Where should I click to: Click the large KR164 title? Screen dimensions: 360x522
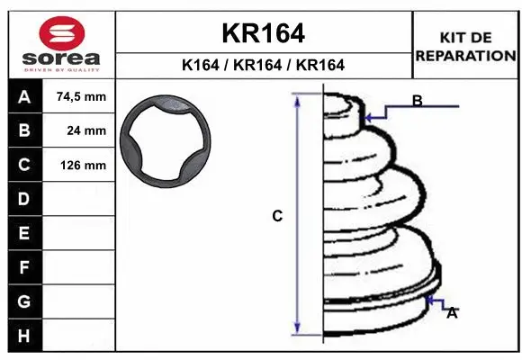pyautogui.click(x=263, y=33)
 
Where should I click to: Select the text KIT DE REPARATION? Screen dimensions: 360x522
pyautogui.click(x=465, y=46)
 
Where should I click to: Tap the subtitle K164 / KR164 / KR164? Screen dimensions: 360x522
pyautogui.click(x=263, y=65)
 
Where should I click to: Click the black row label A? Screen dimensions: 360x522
pyautogui.click(x=23, y=97)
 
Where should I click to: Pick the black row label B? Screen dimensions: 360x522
pyautogui.click(x=23, y=130)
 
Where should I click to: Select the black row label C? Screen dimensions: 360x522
pyautogui.click(x=23, y=165)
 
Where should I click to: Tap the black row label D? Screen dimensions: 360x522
pyautogui.click(x=23, y=198)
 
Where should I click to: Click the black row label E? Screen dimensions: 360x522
pyautogui.click(x=23, y=233)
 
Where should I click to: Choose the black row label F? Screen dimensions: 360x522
pyautogui.click(x=23, y=267)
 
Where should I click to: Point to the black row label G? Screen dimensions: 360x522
pyautogui.click(x=23, y=301)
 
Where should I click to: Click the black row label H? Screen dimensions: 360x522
pyautogui.click(x=23, y=335)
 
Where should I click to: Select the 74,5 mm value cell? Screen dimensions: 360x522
pyautogui.click(x=81, y=97)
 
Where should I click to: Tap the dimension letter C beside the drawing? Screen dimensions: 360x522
pyautogui.click(x=278, y=216)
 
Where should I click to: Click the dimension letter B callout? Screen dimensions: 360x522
pyautogui.click(x=418, y=101)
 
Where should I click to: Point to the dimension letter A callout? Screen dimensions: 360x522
pyautogui.click(x=452, y=312)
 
